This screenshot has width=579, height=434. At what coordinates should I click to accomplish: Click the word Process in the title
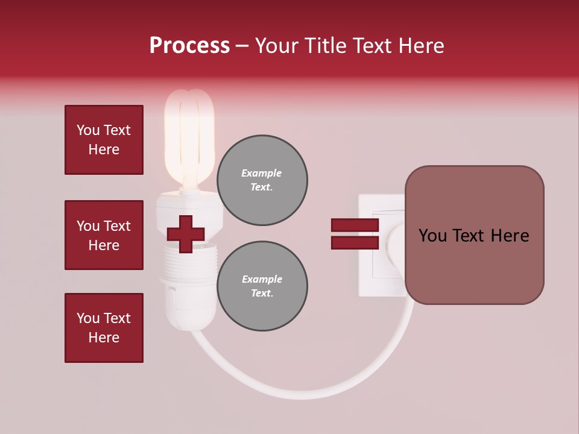[189, 46]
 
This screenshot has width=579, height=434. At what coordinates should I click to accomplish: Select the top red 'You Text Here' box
[104, 140]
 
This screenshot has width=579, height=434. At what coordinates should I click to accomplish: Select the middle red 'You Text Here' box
[104, 235]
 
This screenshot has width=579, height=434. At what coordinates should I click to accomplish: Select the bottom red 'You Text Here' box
[104, 327]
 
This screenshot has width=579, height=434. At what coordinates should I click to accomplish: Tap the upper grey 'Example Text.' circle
[262, 180]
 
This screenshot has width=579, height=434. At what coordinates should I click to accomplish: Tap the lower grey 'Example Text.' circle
[262, 286]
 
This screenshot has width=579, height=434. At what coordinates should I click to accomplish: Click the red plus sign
[185, 234]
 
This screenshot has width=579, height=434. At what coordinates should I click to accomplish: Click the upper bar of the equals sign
[355, 225]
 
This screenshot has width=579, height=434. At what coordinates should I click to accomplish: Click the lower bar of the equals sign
[355, 243]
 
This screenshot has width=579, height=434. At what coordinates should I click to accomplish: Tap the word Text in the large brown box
[473, 236]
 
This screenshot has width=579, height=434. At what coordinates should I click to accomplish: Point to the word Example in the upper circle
[262, 173]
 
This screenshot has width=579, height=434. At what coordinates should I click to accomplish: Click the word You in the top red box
[88, 130]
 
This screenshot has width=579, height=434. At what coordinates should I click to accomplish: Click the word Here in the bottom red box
[104, 338]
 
